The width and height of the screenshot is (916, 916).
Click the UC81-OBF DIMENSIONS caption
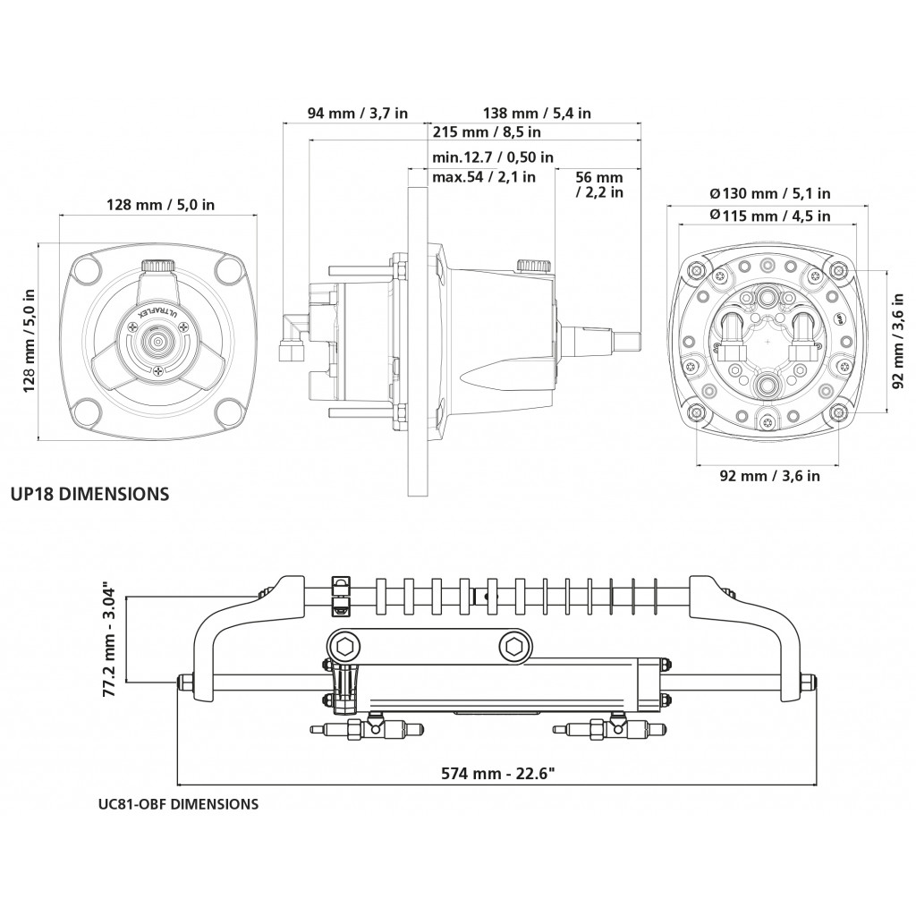click(178, 803)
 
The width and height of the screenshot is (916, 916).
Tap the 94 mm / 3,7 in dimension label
click(358, 114)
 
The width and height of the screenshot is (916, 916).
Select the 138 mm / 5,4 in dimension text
click(538, 114)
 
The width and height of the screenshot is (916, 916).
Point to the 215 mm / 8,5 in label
click(487, 132)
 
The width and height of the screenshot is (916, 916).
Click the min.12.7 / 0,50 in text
click(492, 157)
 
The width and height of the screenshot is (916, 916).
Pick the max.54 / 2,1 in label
click(484, 177)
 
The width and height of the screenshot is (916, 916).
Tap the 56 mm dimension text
click(599, 177)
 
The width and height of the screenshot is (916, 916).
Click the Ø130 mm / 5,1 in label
click(769, 193)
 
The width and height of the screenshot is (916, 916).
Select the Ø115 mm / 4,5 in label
click(769, 216)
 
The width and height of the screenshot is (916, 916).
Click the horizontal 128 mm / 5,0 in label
click(160, 205)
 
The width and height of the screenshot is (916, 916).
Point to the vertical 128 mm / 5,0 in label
click(30, 339)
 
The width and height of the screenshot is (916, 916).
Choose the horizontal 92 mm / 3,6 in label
click(769, 476)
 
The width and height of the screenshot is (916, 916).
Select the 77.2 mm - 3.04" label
click(110, 640)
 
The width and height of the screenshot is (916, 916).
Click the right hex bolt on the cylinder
click(513, 645)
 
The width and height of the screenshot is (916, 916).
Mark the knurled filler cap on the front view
click(158, 267)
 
